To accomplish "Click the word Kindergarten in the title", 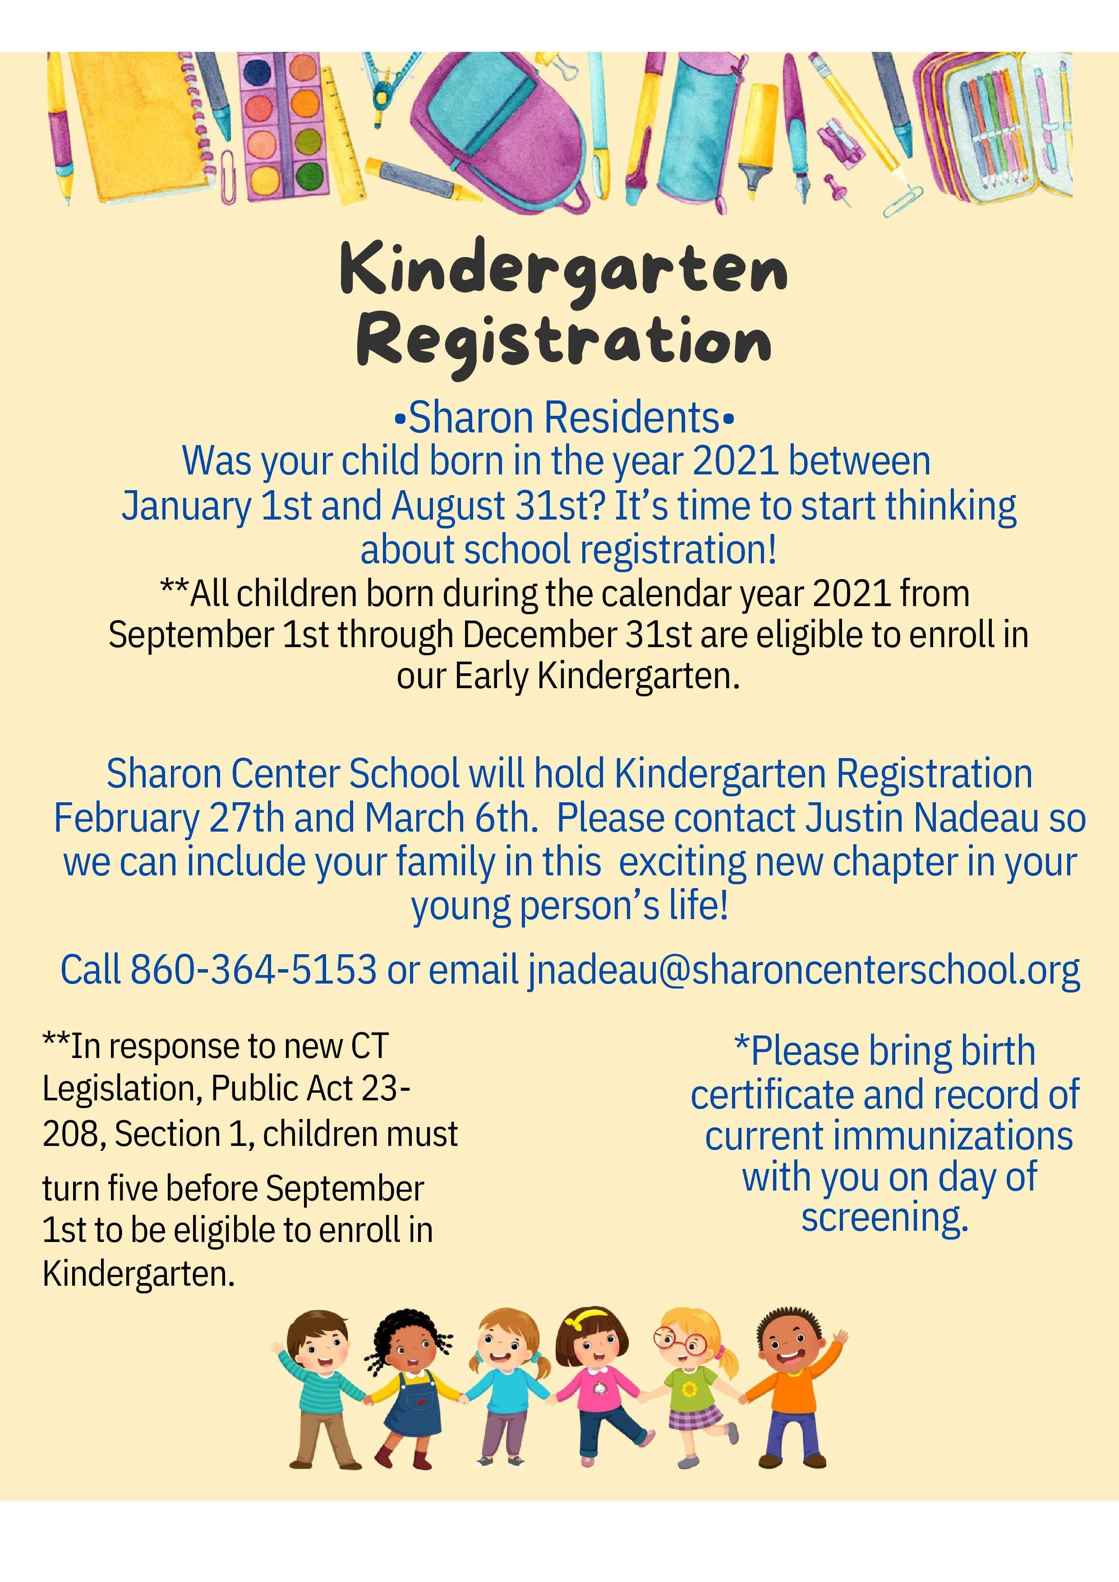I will tap(564, 270).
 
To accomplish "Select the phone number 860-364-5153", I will tap(253, 970).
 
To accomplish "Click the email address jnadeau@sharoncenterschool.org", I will tap(803, 970).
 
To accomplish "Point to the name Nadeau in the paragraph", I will tap(973, 818).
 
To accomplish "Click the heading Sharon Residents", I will tap(564, 418).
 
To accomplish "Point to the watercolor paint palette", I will tap(284, 128).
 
